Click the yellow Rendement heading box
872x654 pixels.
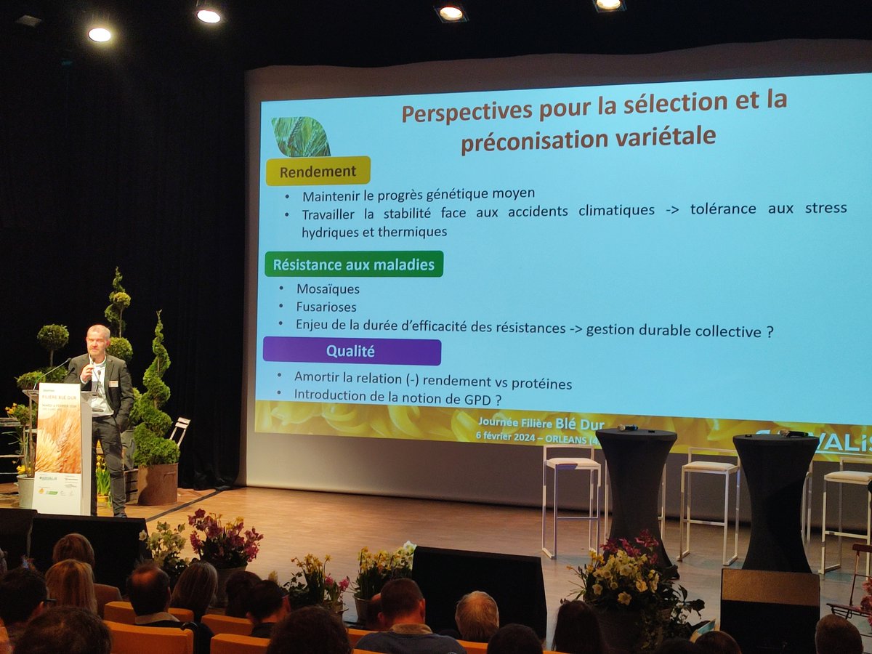coord(318,171)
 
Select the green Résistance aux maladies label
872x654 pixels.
coord(353,265)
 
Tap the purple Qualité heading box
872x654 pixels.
coord(351,352)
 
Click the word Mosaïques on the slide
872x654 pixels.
coord(327,289)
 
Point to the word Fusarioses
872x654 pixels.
coord(326,307)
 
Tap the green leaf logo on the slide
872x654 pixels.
coord(301,137)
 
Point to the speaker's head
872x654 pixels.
coord(98,339)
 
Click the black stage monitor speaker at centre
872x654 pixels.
coord(479,588)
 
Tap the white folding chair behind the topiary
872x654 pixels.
coord(179,432)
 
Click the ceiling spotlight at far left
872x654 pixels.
coord(100,33)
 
